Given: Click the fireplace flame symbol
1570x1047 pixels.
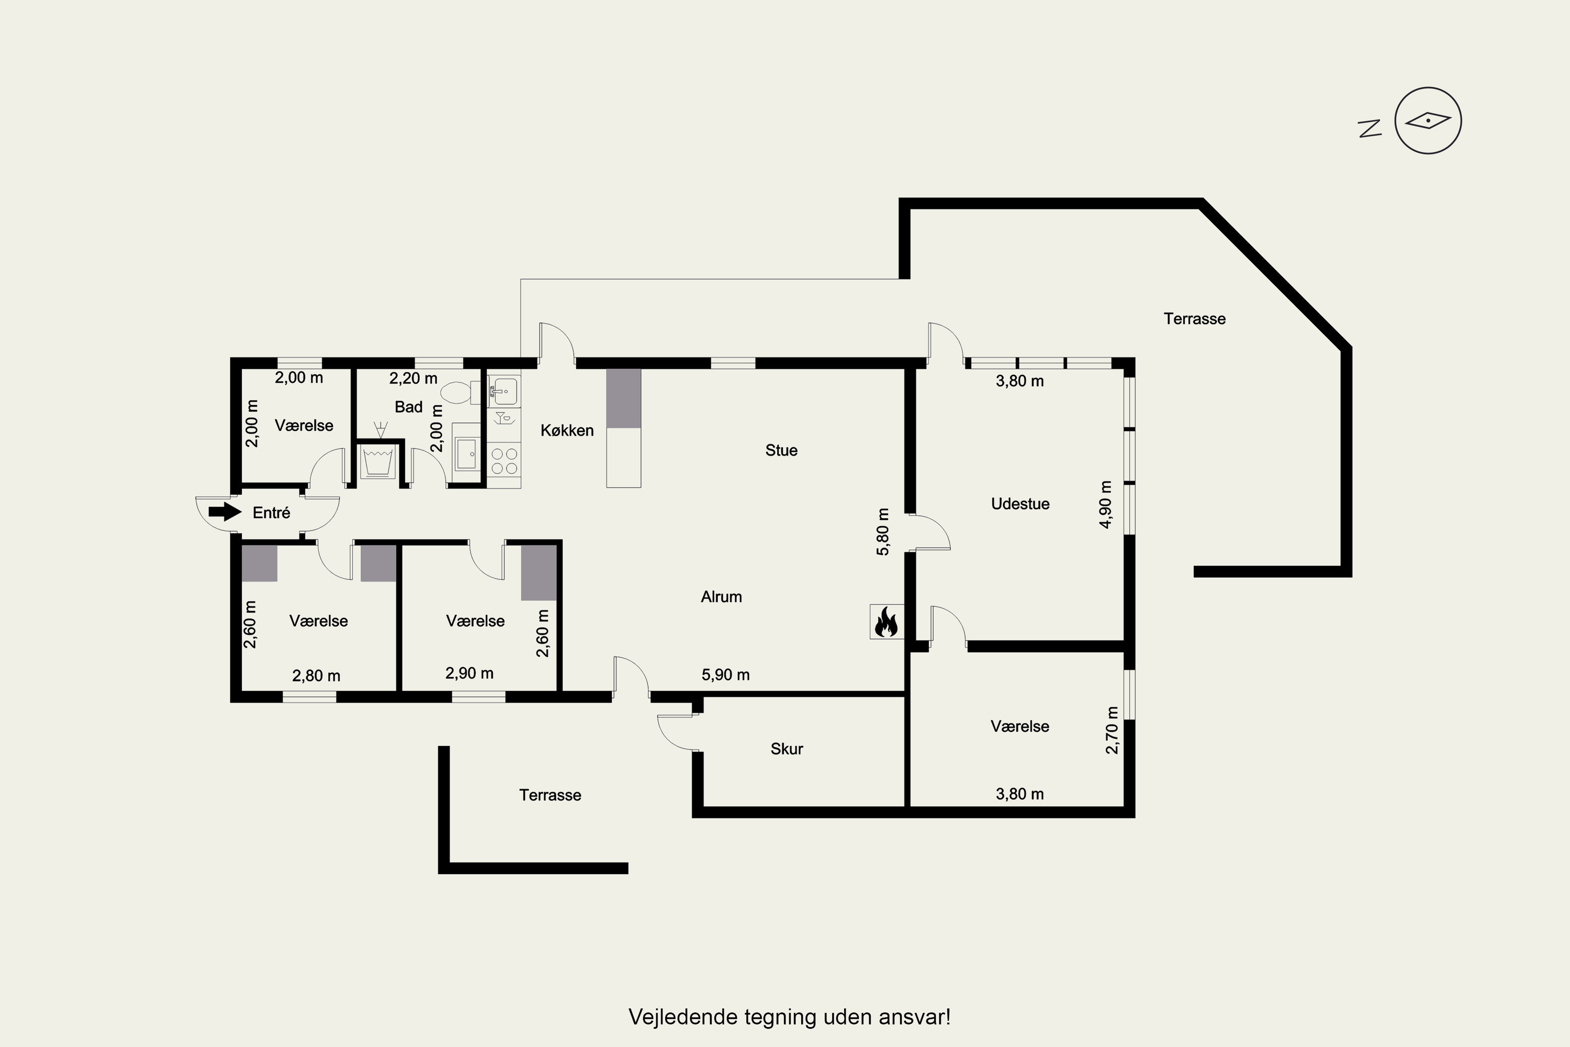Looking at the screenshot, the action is click(x=887, y=622).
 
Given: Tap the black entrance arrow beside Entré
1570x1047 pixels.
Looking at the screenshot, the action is click(x=225, y=512).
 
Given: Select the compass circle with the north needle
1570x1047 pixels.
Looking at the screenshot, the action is click(x=1428, y=121).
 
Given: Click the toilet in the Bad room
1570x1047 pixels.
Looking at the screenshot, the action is click(x=460, y=392).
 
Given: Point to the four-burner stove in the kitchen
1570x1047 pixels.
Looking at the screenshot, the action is click(x=504, y=461).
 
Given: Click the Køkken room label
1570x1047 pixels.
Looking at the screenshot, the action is click(x=567, y=430).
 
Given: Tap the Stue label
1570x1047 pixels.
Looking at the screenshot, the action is click(x=781, y=450).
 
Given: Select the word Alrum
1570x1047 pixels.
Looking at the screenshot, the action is click(x=721, y=596).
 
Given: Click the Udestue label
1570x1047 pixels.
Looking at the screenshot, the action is click(x=1020, y=504).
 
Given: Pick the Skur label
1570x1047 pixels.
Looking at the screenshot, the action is click(x=787, y=749).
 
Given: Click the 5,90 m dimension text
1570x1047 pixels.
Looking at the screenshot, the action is click(x=725, y=674).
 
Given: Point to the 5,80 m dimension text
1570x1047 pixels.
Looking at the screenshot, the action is click(x=883, y=531).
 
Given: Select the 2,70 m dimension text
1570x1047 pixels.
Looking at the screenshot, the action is click(x=1112, y=730).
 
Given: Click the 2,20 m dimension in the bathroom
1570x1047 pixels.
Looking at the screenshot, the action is click(x=413, y=378).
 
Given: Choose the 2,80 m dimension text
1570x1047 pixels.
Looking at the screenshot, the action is click(x=317, y=676).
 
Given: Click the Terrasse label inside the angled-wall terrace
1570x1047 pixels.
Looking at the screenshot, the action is click(x=1194, y=318).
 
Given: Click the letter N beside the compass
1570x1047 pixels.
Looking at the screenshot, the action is click(x=1370, y=129).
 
